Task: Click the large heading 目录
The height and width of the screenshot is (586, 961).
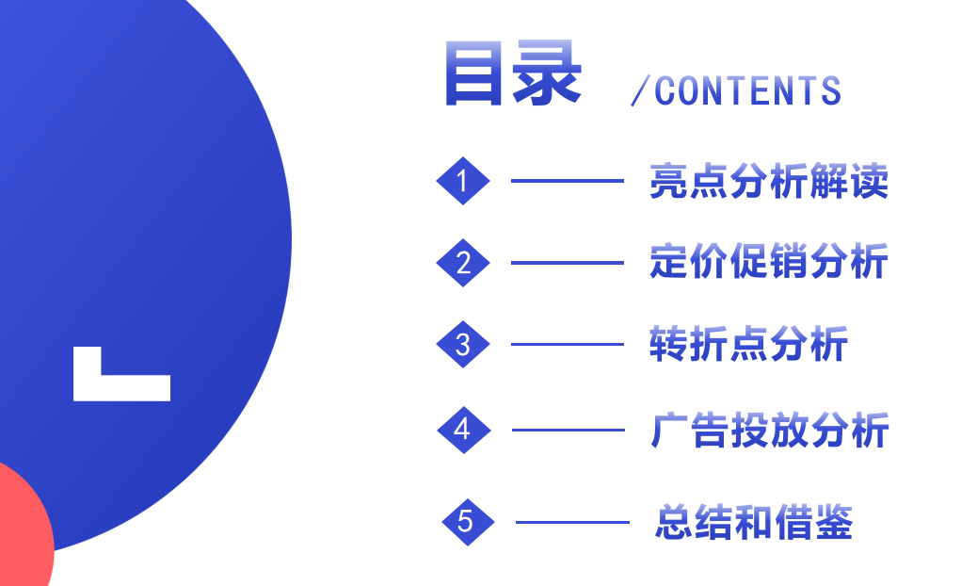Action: (512, 73)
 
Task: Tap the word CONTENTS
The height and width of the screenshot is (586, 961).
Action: (747, 91)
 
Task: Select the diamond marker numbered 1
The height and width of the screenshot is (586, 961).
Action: (462, 181)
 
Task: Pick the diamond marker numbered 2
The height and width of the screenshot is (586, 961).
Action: (462, 263)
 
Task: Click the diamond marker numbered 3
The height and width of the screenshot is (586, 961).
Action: (462, 345)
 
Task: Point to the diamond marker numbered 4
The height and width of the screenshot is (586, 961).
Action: (462, 430)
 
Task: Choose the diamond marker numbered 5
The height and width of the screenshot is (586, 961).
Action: (467, 521)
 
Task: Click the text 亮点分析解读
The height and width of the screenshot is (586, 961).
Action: (768, 182)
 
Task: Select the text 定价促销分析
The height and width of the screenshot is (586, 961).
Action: (768, 263)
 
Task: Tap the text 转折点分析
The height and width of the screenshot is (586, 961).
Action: (748, 345)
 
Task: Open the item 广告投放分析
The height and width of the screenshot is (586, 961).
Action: (769, 431)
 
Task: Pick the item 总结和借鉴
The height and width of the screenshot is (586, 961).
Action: (753, 522)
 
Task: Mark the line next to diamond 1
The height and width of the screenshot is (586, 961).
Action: (567, 181)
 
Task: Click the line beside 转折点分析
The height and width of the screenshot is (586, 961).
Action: (567, 345)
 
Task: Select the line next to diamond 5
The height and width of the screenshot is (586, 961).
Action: (571, 522)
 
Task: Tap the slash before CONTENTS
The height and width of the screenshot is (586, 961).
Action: (640, 91)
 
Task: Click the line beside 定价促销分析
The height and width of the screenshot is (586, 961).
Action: (567, 263)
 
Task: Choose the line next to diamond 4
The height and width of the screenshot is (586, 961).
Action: (568, 431)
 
